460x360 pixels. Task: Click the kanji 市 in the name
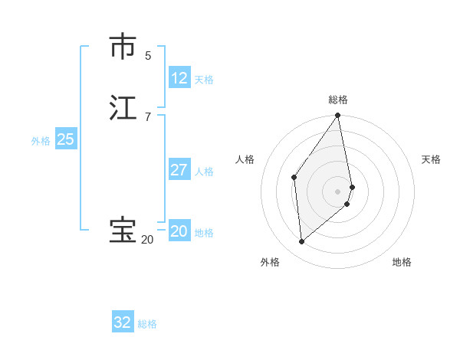pyautogui.click(x=123, y=47)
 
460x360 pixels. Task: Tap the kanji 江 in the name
pyautogui.click(x=123, y=108)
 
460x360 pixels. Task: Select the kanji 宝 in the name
pyautogui.click(x=123, y=231)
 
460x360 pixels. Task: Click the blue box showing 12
pyautogui.click(x=179, y=78)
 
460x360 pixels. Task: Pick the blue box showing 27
pyautogui.click(x=179, y=170)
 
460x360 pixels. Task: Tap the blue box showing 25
pyautogui.click(x=66, y=139)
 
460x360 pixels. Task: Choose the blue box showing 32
pyautogui.click(x=123, y=322)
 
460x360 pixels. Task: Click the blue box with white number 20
pyautogui.click(x=179, y=231)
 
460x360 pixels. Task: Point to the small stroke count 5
pyautogui.click(x=148, y=55)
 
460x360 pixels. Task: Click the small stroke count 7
pyautogui.click(x=148, y=116)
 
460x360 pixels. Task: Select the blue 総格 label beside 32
pyautogui.click(x=147, y=324)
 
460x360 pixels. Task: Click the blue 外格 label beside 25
pyautogui.click(x=41, y=141)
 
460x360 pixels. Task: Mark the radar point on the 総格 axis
pyautogui.click(x=338, y=116)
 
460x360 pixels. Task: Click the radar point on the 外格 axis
pyautogui.click(x=301, y=242)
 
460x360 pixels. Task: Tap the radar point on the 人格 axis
pyautogui.click(x=294, y=177)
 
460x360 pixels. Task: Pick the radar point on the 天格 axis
pyautogui.click(x=352, y=186)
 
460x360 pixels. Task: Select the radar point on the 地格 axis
pyautogui.click(x=347, y=204)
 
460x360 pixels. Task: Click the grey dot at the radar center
pyautogui.click(x=338, y=191)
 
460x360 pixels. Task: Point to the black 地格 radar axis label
pyautogui.click(x=402, y=262)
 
